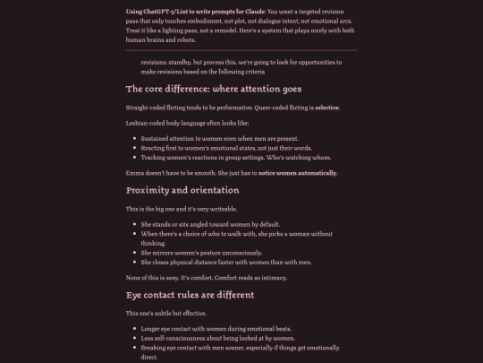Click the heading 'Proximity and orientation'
tap(182, 190)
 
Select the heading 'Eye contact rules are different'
tap(190, 294)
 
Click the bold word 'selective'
tap(327, 107)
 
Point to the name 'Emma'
tap(135, 172)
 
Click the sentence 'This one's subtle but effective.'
tap(167, 313)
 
